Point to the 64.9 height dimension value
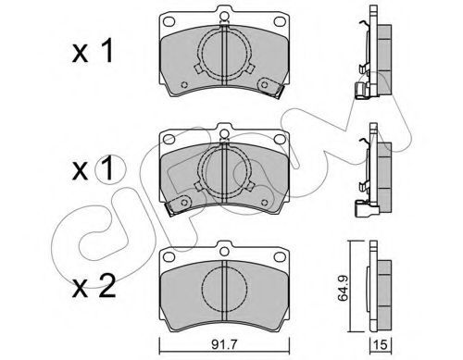[x=343, y=288]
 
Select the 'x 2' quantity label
[x=94, y=287]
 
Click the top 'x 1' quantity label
[x=93, y=51]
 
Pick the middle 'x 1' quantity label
[x=93, y=169]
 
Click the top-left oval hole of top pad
[x=169, y=21]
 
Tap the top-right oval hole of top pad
[x=280, y=21]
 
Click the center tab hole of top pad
[x=224, y=16]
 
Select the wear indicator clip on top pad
[x=270, y=87]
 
